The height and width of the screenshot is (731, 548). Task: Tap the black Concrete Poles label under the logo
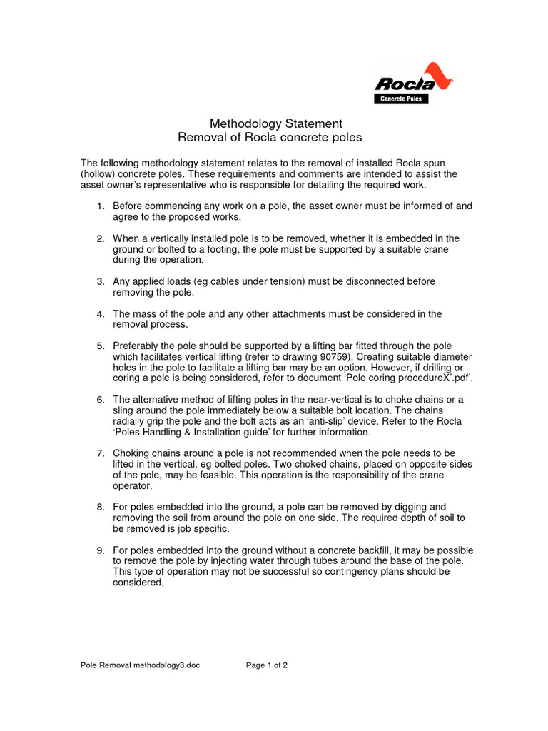point(402,99)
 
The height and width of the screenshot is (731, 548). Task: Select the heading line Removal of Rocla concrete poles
point(269,137)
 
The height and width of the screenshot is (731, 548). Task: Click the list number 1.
point(101,206)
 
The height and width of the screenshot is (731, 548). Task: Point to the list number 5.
point(101,346)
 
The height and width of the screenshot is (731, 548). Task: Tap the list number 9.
point(101,550)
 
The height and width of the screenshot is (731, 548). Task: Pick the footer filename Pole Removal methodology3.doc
point(140,665)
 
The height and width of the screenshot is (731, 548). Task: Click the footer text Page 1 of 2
point(267,665)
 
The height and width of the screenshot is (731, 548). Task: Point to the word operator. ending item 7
point(133,485)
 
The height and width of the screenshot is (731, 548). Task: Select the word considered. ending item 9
point(138,583)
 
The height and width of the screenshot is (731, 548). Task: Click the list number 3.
point(101,281)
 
